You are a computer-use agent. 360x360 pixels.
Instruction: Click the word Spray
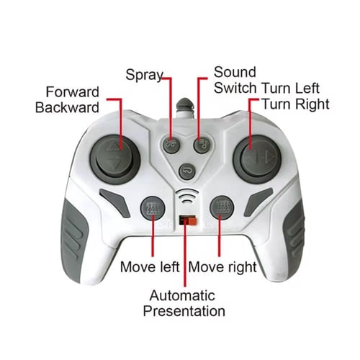point(145,75)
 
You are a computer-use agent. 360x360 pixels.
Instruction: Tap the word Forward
point(73,92)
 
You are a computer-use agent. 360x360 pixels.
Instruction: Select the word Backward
point(67,107)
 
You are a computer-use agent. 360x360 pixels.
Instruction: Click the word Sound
point(235,72)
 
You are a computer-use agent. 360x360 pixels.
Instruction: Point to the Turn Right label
point(296,104)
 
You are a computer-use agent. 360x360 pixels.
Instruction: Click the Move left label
point(150,267)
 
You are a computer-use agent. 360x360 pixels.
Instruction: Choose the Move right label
point(222,267)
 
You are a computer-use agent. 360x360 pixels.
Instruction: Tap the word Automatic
point(182,295)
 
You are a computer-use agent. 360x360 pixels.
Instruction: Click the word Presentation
point(184,311)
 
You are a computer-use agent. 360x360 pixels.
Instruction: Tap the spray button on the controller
point(171,145)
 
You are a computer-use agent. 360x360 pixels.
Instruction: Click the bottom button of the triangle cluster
point(187,171)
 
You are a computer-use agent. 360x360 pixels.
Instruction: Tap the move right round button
point(222,207)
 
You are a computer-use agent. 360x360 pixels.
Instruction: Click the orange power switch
point(192,220)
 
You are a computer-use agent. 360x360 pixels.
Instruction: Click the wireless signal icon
point(187,197)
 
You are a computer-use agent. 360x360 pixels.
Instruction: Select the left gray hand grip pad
point(73,240)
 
